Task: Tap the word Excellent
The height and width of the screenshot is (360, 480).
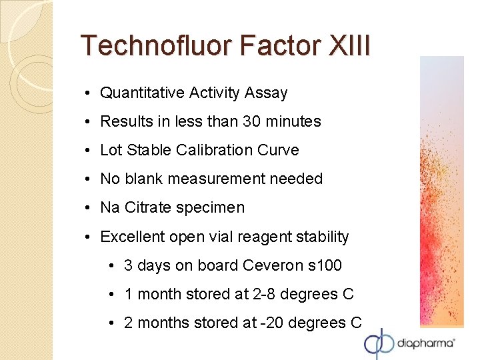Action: (132, 237)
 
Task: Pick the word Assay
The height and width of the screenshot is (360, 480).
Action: (266, 93)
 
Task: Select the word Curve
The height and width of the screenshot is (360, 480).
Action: (280, 150)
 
